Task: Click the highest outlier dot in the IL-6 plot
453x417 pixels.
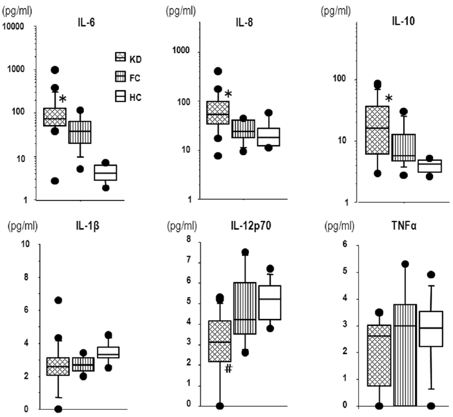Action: click(x=55, y=70)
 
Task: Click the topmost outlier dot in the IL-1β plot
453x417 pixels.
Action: click(x=58, y=300)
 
